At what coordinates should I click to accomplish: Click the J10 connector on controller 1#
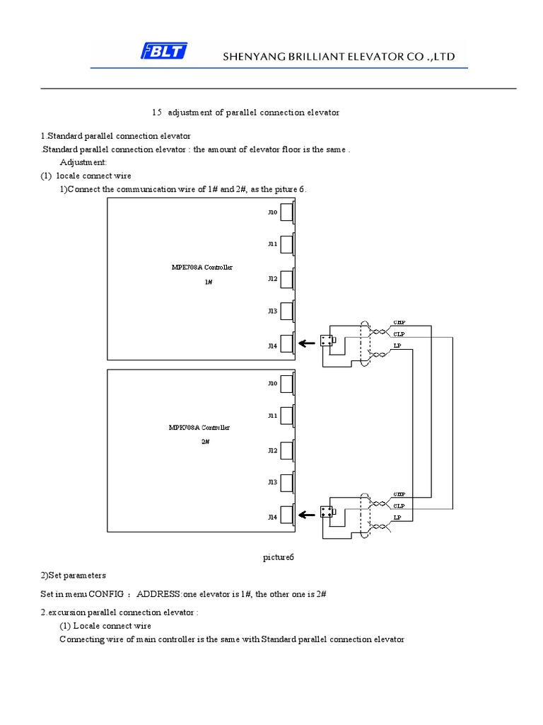tap(287, 212)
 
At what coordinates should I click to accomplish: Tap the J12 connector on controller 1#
tap(287, 278)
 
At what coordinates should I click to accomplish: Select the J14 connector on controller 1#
tap(287, 344)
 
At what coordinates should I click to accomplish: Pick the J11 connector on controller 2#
tap(287, 416)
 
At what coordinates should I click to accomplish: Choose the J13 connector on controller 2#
tap(287, 482)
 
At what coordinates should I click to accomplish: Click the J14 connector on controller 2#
tap(287, 516)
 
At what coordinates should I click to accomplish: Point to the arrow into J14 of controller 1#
tap(306, 344)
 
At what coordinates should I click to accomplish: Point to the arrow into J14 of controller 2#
tap(306, 516)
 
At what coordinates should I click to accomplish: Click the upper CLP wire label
tap(399, 334)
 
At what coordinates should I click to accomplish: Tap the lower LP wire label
tap(397, 518)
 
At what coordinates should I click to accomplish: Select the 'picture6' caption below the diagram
tap(278, 558)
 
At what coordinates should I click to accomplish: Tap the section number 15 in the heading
tap(157, 113)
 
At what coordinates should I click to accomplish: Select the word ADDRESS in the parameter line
tap(160, 593)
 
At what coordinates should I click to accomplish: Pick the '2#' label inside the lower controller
tap(205, 441)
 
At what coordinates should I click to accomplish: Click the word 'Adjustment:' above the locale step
tap(83, 162)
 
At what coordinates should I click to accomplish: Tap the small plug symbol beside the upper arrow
tap(327, 341)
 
